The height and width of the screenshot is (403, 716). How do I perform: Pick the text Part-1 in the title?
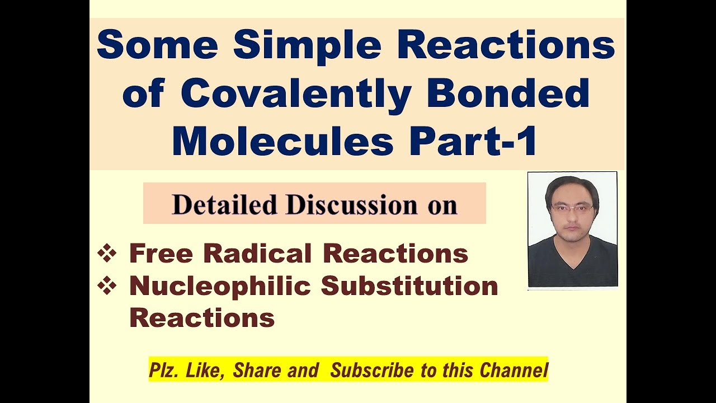click(473, 141)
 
